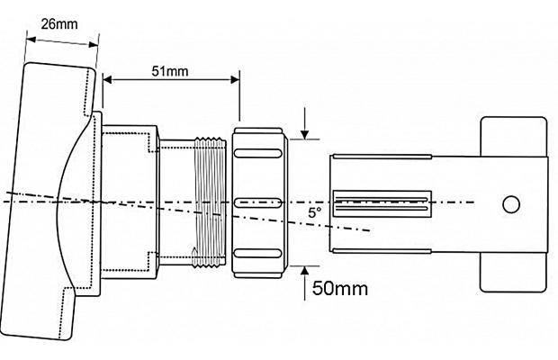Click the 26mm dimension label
[59, 24]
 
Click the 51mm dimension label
[170, 71]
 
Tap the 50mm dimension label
[340, 288]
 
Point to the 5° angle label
[315, 212]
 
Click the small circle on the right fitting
[511, 204]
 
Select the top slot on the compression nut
[257, 153]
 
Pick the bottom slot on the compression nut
[257, 253]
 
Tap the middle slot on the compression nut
[257, 202]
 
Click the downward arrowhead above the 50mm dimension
[304, 135]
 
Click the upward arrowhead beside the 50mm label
[304, 270]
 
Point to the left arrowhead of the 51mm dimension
[107, 79]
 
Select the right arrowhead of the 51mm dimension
[235, 79]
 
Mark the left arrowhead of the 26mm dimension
[31, 39]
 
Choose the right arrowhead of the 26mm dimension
[94, 44]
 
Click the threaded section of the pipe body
[210, 202]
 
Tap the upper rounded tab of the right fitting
[514, 137]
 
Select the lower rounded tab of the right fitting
[513, 272]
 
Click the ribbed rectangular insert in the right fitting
[382, 203]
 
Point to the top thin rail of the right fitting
[382, 157]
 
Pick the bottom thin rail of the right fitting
[382, 251]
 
